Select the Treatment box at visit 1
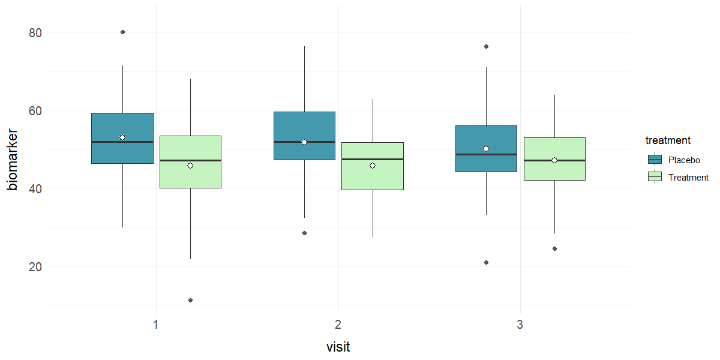190,174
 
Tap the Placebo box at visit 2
304,129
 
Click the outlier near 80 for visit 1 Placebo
122,32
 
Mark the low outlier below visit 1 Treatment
190,300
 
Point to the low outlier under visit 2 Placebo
304,233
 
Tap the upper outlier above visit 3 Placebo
486,46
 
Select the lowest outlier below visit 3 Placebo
486,262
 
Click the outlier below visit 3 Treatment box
554,248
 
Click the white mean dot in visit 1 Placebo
122,137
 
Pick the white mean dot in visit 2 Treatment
373,166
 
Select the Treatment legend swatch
655,177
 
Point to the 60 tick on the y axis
36,110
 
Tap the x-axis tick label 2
338,325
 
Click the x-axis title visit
338,347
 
